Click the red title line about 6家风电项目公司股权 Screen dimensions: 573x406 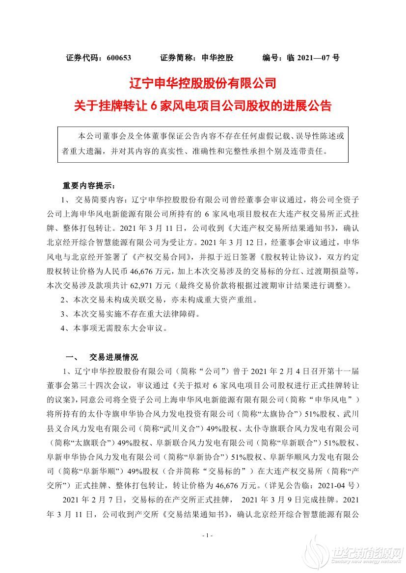(x=203, y=105)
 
